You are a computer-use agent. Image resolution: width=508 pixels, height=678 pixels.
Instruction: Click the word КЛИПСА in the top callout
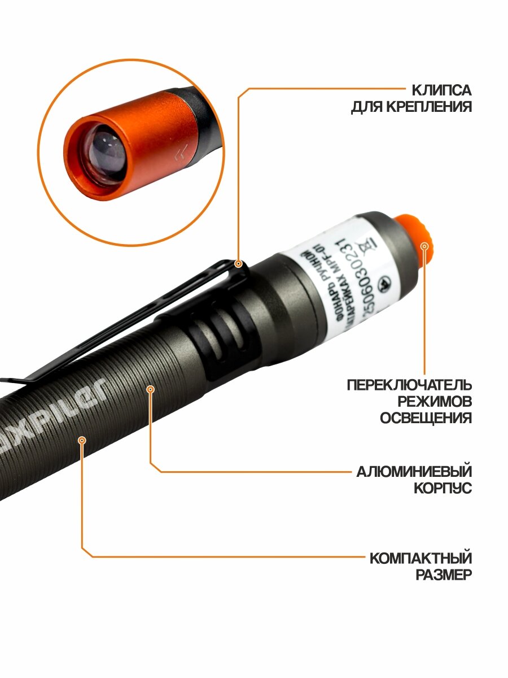coord(441,90)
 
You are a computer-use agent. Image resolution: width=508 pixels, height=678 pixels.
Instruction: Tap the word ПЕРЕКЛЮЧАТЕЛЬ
coord(409,385)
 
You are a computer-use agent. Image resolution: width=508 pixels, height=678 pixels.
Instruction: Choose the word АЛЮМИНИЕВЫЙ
coord(414,472)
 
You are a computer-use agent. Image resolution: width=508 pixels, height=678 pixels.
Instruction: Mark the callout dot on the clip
coord(239,263)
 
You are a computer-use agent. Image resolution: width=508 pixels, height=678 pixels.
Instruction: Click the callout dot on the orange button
coord(424,245)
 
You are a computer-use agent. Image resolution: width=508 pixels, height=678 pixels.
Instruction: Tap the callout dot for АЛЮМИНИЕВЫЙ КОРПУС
coord(150,388)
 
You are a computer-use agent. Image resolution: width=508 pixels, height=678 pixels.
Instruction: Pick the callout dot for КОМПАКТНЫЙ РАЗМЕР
coord(82,440)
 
